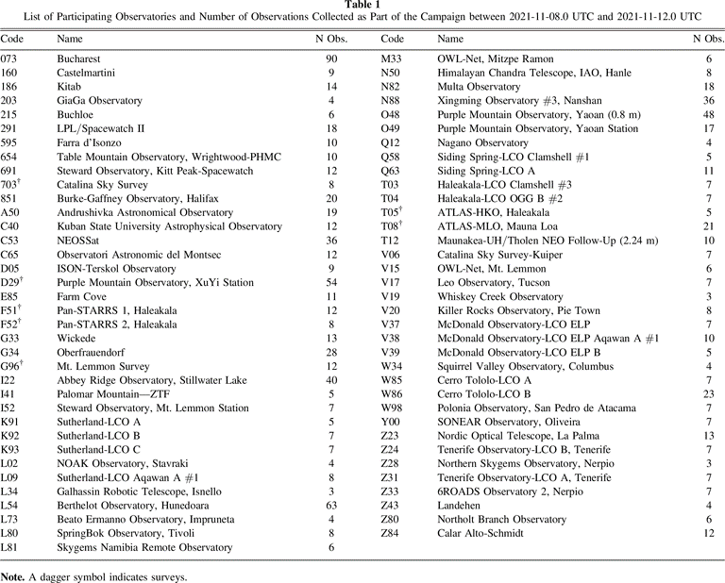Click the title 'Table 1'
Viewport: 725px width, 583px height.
pos(362,6)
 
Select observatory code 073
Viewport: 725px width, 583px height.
pos(9,58)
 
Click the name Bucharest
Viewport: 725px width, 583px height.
pos(80,58)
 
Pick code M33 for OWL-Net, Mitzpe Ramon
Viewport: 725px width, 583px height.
pos(392,58)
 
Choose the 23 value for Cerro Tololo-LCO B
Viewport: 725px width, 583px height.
pos(709,394)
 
